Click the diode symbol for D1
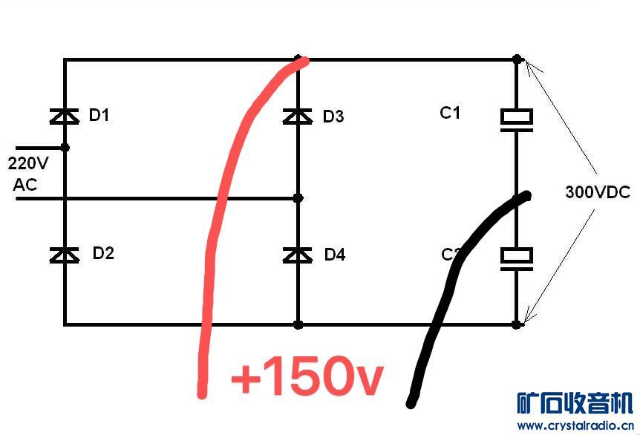tap(65, 115)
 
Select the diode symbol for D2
tap(65, 255)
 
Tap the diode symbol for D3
tap(298, 116)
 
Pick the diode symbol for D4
tap(298, 255)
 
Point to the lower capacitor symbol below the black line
tap(516, 257)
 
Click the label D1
tap(99, 115)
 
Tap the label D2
tap(103, 253)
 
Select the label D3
tap(333, 117)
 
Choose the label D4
tap(335, 255)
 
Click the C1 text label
tap(450, 113)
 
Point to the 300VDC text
tap(597, 193)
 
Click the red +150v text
tap(307, 377)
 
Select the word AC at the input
tap(25, 185)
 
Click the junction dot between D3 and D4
tap(298, 198)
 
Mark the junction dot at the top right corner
tap(517, 59)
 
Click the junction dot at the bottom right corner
tap(517, 324)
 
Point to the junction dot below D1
tap(65, 148)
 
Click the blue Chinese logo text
tap(575, 403)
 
